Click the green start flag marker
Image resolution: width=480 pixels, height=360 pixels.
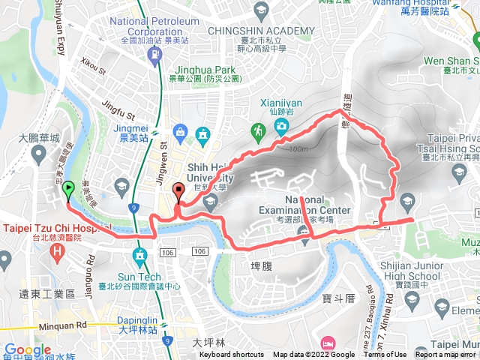tap(68, 190)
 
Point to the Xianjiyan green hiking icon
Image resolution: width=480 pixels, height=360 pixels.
tap(258, 130)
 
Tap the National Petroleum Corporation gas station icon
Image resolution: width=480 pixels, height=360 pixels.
tap(154, 54)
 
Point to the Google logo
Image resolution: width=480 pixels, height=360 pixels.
tap(27, 349)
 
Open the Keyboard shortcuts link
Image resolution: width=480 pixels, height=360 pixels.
tap(231, 355)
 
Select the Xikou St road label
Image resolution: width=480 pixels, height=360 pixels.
tap(94, 71)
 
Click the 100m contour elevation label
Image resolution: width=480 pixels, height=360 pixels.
tap(296, 148)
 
